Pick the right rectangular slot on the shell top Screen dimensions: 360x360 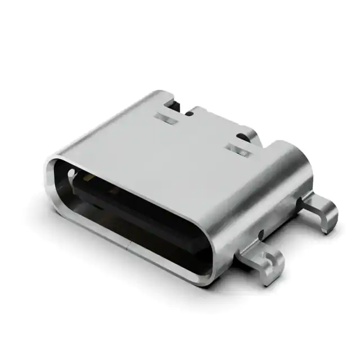tap(238, 150)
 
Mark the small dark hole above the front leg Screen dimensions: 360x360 tap(260, 232)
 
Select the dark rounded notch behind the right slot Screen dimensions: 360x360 tap(244, 136)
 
